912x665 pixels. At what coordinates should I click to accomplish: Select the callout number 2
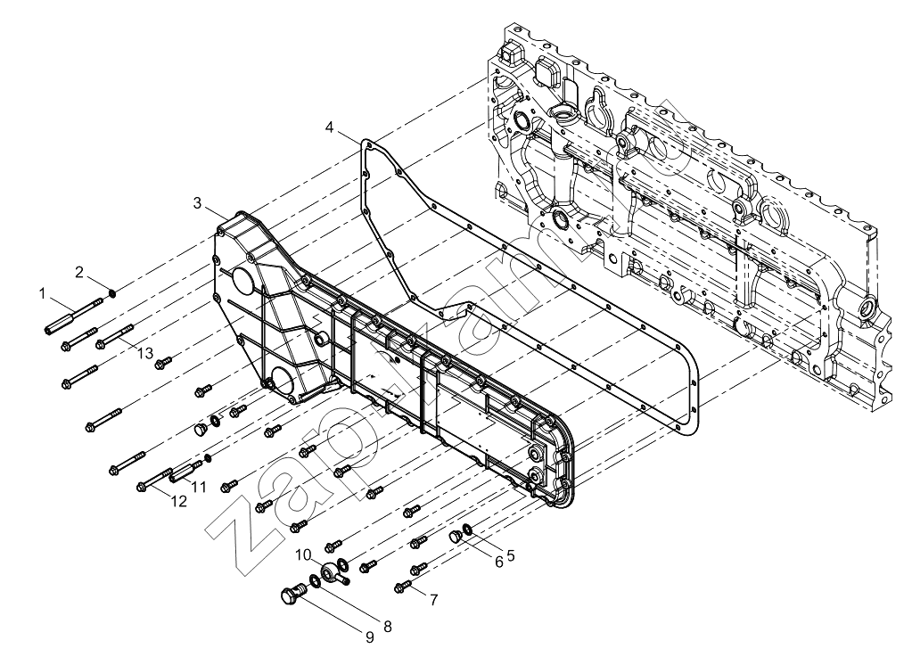79,272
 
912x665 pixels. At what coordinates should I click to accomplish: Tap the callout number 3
198,203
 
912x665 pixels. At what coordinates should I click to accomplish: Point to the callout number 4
330,127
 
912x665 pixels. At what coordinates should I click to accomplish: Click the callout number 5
511,555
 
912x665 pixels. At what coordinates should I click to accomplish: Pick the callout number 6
498,562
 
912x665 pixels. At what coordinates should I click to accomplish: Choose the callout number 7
434,600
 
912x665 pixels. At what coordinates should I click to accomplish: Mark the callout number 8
388,627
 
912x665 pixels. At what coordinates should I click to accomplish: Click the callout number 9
370,637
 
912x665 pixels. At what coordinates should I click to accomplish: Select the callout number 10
303,554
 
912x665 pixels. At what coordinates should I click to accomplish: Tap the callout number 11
199,487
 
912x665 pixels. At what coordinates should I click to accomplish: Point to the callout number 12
179,501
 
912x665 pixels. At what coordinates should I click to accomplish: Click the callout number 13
144,353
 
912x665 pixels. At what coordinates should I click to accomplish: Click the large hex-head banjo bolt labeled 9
292,595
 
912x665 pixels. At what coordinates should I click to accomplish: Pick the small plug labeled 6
456,536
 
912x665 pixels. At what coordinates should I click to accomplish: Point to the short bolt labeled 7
403,587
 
